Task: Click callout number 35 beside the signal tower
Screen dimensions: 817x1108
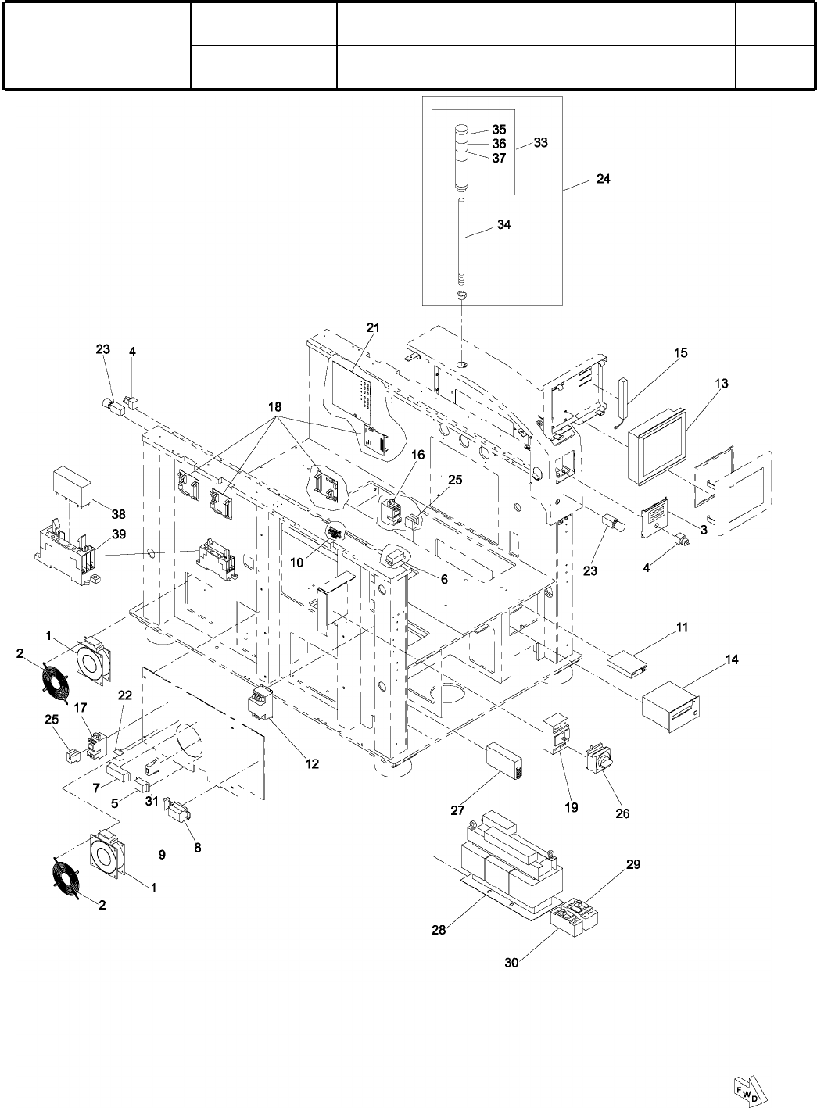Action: pos(499,129)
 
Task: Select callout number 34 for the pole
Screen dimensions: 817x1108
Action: pos(503,224)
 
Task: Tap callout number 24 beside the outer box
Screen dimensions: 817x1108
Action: pos(603,179)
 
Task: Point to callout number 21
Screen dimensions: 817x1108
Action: pos(373,327)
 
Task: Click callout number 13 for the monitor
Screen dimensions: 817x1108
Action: pos(722,384)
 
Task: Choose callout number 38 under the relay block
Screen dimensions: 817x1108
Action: pos(118,514)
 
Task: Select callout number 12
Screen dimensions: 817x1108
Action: pos(312,763)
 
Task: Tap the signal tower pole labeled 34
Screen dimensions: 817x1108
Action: pos(461,243)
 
